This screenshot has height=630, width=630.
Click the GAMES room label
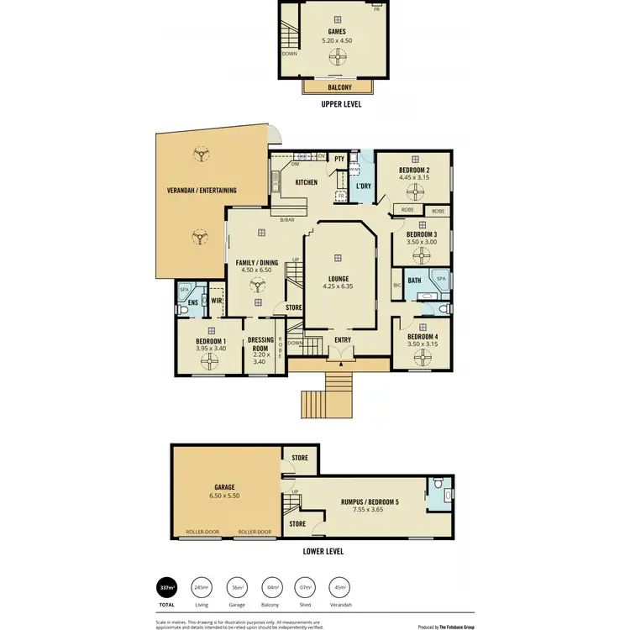337,32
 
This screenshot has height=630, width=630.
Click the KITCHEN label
306,182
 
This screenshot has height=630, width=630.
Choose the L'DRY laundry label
364,186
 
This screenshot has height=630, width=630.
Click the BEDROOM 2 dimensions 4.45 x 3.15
413,178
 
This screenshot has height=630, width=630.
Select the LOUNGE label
339,279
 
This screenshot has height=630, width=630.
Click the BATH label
414,281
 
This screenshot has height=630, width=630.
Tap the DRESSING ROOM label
260,345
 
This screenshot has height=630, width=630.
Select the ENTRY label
343,340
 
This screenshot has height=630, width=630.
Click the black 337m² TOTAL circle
167,587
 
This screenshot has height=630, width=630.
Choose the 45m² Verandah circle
340,587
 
